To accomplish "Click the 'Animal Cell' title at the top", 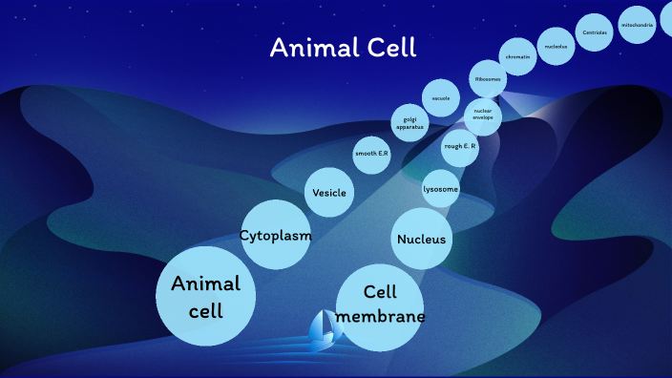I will coord(343,48).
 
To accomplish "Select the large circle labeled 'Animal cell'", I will coord(205,296).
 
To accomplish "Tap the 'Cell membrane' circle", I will coord(380,305).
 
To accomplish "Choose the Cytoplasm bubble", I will coord(275,235).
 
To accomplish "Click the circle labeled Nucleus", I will coord(421,239).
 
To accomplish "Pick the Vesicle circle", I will coord(329,193).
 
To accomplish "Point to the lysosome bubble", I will coord(441,189).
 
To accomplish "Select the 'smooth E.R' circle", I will coord(371,154).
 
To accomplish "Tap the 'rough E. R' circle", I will coord(459,146).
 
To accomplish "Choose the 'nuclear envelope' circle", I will coord(483,115).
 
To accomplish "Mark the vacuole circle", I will coord(440,98).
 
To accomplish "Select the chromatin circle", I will coord(518,56).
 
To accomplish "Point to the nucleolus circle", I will coord(556,46).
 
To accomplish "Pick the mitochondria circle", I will coord(637,25).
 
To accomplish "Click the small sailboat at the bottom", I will coord(325,329).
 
